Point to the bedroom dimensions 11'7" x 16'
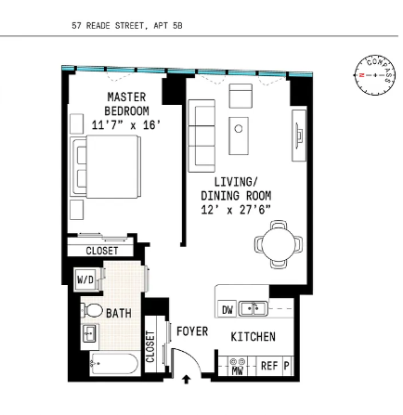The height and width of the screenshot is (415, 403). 124,123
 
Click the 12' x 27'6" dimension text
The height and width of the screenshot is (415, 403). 236,210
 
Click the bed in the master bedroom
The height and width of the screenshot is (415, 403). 109,170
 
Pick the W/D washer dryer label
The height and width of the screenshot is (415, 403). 84,279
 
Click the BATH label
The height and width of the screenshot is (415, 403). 118,314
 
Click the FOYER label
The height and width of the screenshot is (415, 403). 192,331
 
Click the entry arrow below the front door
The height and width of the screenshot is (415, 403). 187,379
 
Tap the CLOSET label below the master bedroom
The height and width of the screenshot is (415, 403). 101,251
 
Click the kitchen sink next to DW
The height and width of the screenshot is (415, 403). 253,308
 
